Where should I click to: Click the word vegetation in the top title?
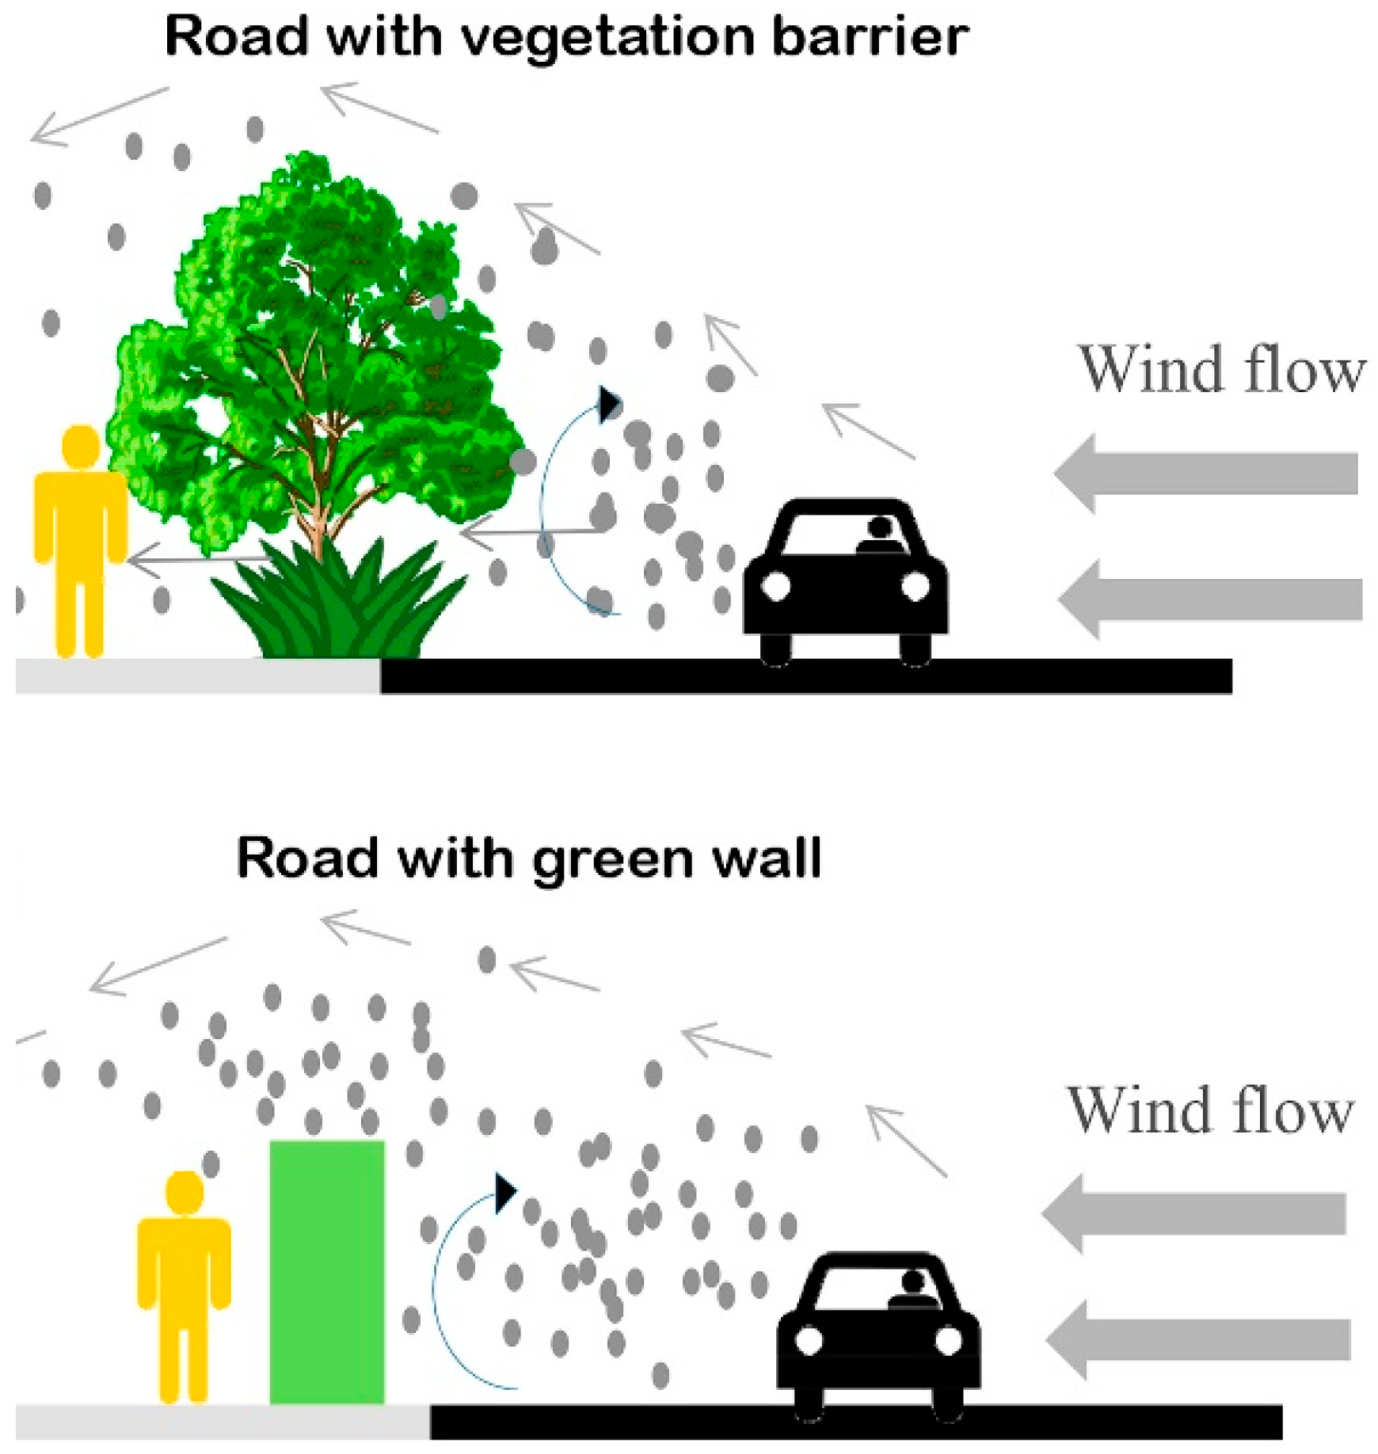click(x=608, y=38)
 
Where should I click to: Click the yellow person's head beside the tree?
click(x=80, y=446)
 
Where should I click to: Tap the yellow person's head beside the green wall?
click(x=185, y=1192)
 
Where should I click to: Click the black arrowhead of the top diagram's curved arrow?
click(x=608, y=404)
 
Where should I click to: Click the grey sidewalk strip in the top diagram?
click(x=198, y=676)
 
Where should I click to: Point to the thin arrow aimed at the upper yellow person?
click(x=198, y=561)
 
